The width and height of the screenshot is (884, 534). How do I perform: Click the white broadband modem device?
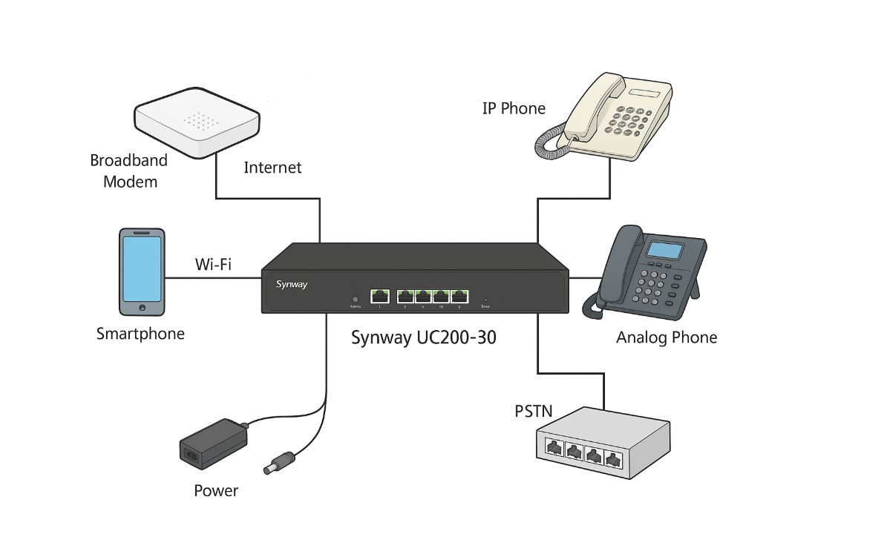196,122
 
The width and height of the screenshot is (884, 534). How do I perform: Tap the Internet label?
272,168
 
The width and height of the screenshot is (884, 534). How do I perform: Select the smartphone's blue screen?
142,266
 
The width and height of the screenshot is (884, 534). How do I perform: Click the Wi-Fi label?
213,264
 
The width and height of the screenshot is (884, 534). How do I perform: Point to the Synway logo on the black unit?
291,284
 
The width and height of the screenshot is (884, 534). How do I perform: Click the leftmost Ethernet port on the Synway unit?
380,294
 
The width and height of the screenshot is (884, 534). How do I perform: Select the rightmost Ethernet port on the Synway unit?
459,294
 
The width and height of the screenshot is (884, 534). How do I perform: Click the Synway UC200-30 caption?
423,338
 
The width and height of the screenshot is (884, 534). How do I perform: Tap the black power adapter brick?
213,444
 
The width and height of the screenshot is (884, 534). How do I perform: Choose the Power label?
216,490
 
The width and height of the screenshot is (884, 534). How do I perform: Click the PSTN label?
534,411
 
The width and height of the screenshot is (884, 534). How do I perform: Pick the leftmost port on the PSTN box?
553,448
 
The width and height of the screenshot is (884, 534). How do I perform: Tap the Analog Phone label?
667,338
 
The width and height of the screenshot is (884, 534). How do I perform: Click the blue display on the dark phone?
666,249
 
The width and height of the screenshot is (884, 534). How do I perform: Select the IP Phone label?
514,108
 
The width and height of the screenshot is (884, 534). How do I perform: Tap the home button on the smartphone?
142,307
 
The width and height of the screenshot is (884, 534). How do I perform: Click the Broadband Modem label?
129,171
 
